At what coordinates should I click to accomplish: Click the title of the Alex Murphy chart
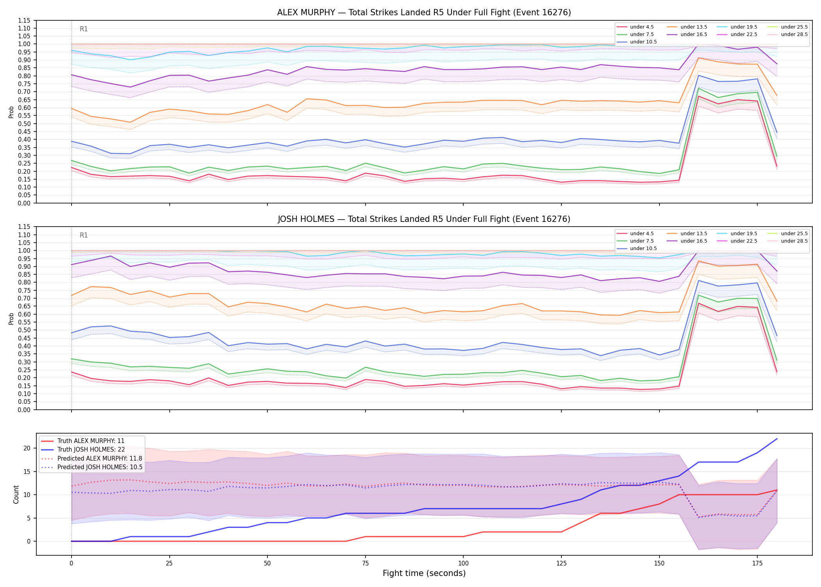424,13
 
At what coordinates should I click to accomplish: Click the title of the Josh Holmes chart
424,219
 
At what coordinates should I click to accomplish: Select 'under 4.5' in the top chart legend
642,27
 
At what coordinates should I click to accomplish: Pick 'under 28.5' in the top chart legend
794,34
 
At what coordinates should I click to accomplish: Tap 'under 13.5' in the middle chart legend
694,234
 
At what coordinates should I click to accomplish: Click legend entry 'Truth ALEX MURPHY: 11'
91,441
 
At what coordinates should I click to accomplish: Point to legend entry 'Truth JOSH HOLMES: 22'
91,450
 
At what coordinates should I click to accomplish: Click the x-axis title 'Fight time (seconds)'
424,573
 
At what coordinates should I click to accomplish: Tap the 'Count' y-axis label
16,494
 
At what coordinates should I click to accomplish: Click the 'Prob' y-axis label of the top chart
11,112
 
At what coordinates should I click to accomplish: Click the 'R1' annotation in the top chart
84,29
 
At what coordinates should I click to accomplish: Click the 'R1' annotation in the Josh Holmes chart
84,235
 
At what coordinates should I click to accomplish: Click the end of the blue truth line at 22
777,439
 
